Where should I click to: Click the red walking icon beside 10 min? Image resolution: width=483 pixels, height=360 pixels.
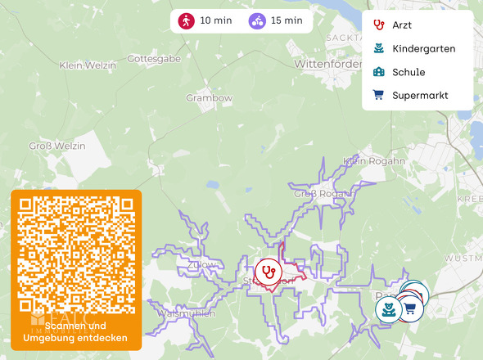187,21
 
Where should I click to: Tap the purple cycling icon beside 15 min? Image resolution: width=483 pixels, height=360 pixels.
258,21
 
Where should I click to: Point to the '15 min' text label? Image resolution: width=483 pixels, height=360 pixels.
286,21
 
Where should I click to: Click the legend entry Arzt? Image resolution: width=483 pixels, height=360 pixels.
402,25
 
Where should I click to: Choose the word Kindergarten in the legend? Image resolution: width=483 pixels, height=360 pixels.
423,49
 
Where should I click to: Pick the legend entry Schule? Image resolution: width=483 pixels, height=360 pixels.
409,72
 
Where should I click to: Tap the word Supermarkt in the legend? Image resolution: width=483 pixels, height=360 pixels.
420,95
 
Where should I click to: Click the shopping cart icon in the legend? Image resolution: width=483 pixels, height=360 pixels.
378,95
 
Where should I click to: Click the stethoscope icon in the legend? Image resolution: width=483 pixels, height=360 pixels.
378,25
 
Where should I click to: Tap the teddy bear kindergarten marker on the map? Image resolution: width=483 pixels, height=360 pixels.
388,309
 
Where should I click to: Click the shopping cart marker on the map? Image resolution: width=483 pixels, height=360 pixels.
410,308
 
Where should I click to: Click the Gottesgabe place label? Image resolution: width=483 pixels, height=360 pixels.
154,60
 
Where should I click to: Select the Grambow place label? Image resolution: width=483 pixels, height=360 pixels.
209,97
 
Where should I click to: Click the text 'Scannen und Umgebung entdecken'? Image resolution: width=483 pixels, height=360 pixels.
75,332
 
